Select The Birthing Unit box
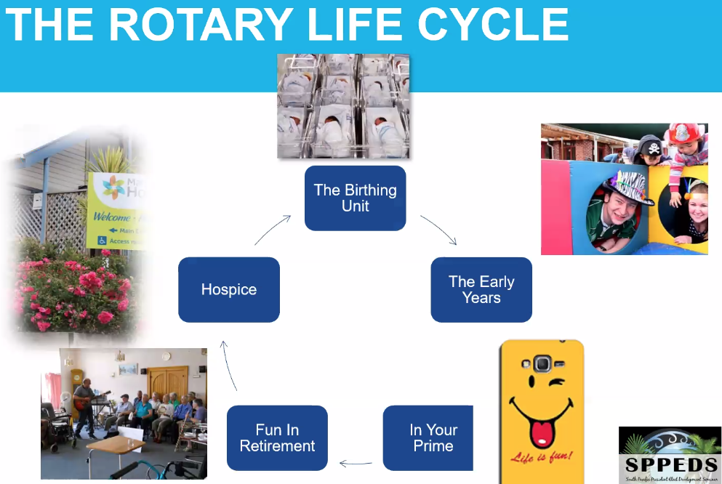click(x=355, y=198)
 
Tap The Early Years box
click(x=481, y=289)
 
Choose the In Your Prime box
click(x=429, y=438)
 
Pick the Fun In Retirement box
click(x=277, y=438)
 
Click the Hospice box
click(x=228, y=289)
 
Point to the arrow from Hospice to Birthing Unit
click(x=272, y=229)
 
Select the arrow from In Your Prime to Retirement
click(x=356, y=463)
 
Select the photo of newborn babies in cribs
click(x=343, y=106)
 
